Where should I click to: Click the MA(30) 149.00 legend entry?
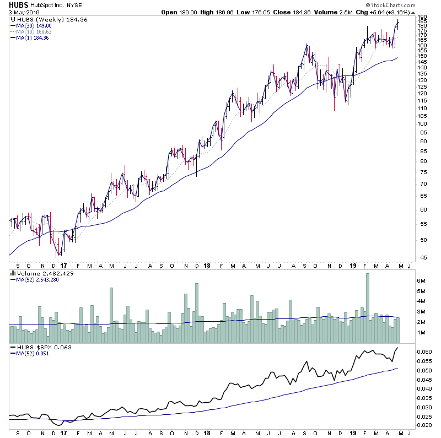tap(31, 25)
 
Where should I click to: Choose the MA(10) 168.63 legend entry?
tap(31, 31)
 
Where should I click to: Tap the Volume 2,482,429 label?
tap(37, 273)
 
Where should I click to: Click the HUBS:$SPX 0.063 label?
tap(37, 347)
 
